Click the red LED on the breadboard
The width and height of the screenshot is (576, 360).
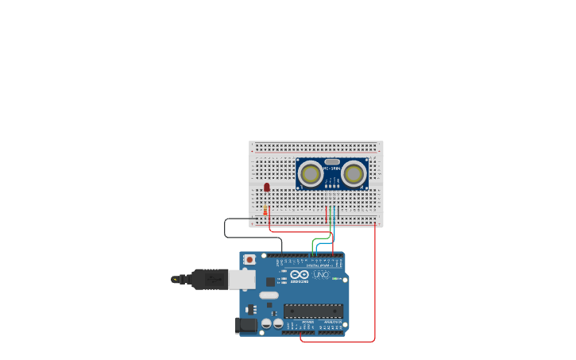(x=267, y=188)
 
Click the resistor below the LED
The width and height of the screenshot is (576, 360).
(x=265, y=211)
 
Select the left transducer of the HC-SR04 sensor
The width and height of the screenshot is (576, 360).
(x=311, y=173)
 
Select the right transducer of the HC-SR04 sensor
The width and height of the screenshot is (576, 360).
(x=354, y=173)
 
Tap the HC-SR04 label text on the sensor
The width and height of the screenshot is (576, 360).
(x=332, y=168)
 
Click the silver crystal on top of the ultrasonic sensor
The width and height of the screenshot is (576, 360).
(x=332, y=161)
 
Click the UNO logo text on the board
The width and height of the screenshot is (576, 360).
(x=321, y=274)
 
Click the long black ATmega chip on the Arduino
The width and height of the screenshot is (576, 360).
(x=313, y=311)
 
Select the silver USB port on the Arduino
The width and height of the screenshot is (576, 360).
(x=242, y=279)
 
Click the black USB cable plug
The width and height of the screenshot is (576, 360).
(x=209, y=279)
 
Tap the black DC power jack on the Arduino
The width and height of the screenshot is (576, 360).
(x=246, y=324)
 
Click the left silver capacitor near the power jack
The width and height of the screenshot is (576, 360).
(x=266, y=323)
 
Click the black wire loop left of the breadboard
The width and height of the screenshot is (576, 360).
(x=226, y=228)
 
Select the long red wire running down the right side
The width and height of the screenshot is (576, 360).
(x=375, y=286)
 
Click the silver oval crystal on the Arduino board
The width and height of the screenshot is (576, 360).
(x=269, y=296)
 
